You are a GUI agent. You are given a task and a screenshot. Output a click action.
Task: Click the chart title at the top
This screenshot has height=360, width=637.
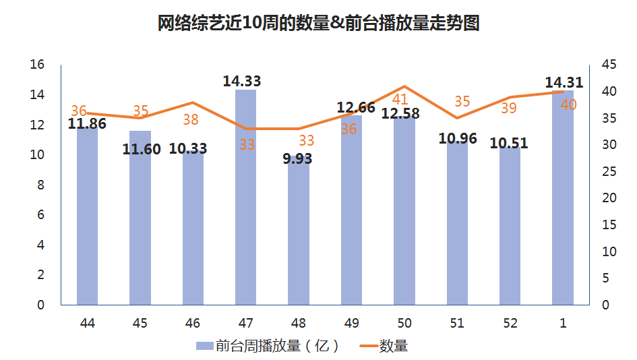tap(318, 24)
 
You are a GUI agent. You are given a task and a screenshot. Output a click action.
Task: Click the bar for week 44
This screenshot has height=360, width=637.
tap(88, 216)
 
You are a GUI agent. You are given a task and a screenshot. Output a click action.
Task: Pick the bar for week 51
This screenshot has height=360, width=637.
tap(457, 222)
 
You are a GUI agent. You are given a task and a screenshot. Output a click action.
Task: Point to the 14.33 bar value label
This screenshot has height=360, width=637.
tap(242, 82)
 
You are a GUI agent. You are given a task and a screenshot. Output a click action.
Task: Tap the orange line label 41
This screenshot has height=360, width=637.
tap(400, 99)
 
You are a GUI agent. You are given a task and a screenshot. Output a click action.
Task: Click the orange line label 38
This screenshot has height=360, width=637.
tap(191, 120)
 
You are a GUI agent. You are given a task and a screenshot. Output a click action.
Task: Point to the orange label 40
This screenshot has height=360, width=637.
tap(568, 104)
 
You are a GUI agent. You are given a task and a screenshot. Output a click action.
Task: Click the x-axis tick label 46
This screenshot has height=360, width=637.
tap(193, 324)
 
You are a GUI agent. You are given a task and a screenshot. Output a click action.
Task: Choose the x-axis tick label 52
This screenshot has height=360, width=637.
tap(510, 324)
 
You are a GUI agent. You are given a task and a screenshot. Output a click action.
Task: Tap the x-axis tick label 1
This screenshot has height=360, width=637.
tap(563, 324)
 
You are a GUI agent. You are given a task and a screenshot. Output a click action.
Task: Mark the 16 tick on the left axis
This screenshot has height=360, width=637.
tap(37, 65)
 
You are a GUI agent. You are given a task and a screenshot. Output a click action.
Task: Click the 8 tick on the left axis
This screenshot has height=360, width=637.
tap(40, 185)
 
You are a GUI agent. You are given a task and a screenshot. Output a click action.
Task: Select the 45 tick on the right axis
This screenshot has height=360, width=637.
tap(609, 65)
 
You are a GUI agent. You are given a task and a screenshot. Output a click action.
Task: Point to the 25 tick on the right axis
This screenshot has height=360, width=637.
tap(609, 171)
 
